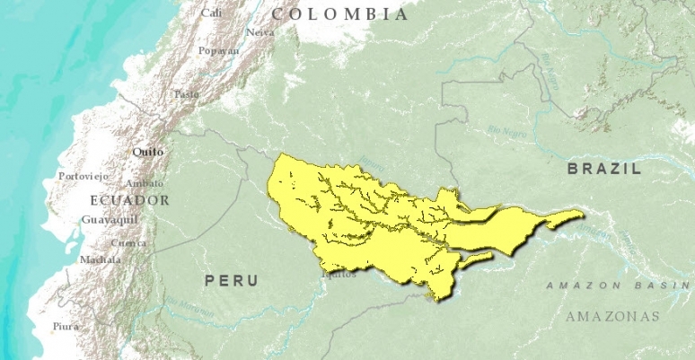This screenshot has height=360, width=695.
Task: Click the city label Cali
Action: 212,13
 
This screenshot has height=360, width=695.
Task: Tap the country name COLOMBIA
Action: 340,14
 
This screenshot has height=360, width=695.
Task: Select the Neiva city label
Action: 260,32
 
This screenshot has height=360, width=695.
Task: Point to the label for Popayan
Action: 219,51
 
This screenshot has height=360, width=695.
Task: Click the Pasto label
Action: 186,93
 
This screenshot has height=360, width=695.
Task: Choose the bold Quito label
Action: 147,152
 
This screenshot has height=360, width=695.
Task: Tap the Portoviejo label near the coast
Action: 82,176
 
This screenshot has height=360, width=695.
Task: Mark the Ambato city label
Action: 145,183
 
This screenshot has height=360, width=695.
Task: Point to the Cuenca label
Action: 128,243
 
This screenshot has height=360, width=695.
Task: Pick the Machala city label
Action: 100,259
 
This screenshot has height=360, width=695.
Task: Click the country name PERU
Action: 232,281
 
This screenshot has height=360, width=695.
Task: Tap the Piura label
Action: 66,326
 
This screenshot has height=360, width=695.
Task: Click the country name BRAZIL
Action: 604,169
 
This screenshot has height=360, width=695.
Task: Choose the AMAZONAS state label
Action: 612,316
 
